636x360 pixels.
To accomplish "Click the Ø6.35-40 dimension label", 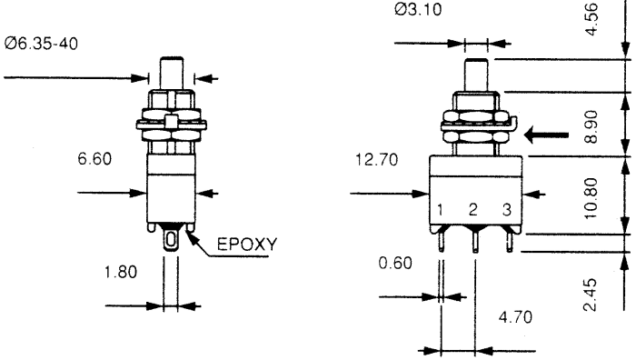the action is pos(41,44).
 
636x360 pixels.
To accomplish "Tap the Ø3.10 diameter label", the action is pos(418,9).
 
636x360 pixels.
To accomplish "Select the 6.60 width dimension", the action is pos(94,158).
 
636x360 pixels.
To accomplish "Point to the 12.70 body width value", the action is pos(377,159).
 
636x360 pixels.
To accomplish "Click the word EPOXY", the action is pos(247,244).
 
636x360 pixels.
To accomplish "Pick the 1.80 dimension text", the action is pos(121,272).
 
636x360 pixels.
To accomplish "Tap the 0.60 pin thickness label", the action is pos(395,263).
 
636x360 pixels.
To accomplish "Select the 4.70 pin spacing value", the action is pos(515,317).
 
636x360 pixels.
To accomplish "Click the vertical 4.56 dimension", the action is pos(591,19).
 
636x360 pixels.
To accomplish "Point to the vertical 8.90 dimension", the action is pos(591,126).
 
